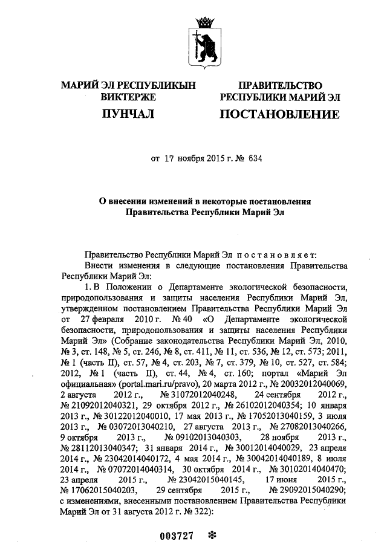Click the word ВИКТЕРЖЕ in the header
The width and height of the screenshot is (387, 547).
pos(128,97)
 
